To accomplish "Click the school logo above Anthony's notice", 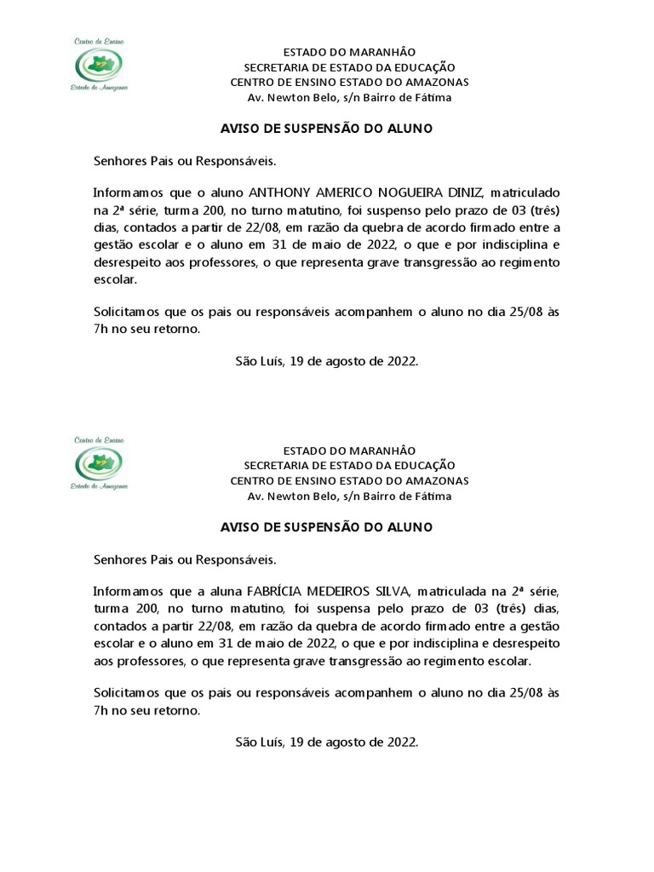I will (x=100, y=66).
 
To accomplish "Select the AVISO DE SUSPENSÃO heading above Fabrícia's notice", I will (x=326, y=527).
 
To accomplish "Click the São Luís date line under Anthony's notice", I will (x=326, y=361).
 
